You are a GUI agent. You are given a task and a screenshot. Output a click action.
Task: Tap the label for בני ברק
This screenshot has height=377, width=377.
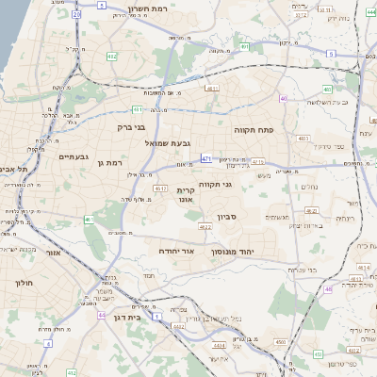(131, 125)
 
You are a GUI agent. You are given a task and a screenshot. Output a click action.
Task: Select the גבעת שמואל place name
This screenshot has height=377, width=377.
(168, 142)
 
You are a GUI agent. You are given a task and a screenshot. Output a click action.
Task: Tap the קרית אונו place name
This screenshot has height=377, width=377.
(185, 195)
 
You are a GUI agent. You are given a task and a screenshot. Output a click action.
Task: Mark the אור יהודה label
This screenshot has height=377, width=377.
(174, 254)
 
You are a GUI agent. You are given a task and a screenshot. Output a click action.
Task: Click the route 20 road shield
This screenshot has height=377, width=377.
(75, 15)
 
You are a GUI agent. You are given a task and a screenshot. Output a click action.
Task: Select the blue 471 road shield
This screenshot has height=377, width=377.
(205, 159)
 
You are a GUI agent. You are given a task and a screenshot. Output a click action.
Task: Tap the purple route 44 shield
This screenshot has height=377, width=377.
(101, 315)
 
